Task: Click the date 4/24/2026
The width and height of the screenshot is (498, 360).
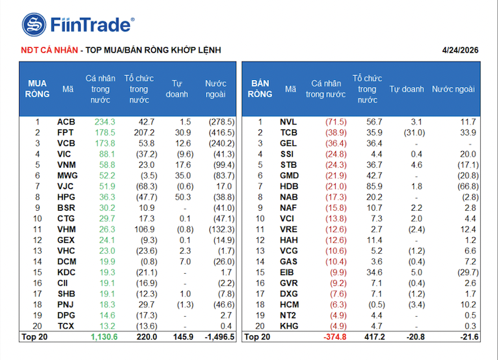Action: (x=460, y=50)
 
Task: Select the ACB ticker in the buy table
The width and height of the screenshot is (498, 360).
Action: (x=66, y=122)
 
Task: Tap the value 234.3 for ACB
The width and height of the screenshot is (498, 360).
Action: (x=104, y=122)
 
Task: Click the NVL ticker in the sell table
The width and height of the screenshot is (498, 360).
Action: (x=288, y=122)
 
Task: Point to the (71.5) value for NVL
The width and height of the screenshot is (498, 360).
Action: (x=335, y=122)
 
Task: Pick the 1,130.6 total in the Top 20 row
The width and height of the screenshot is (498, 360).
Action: (x=104, y=337)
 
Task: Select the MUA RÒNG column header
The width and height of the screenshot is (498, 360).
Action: (x=38, y=88)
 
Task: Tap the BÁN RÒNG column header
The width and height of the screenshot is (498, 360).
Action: (x=261, y=88)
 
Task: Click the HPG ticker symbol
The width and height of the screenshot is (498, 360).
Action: (x=66, y=196)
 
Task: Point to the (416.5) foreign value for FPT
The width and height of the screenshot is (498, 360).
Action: (x=221, y=132)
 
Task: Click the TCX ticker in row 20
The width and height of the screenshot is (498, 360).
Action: (x=66, y=326)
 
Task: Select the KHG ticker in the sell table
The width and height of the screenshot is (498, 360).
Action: (x=288, y=326)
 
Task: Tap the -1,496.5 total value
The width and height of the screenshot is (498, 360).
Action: (x=218, y=337)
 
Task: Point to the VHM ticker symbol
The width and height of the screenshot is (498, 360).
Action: (x=66, y=229)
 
